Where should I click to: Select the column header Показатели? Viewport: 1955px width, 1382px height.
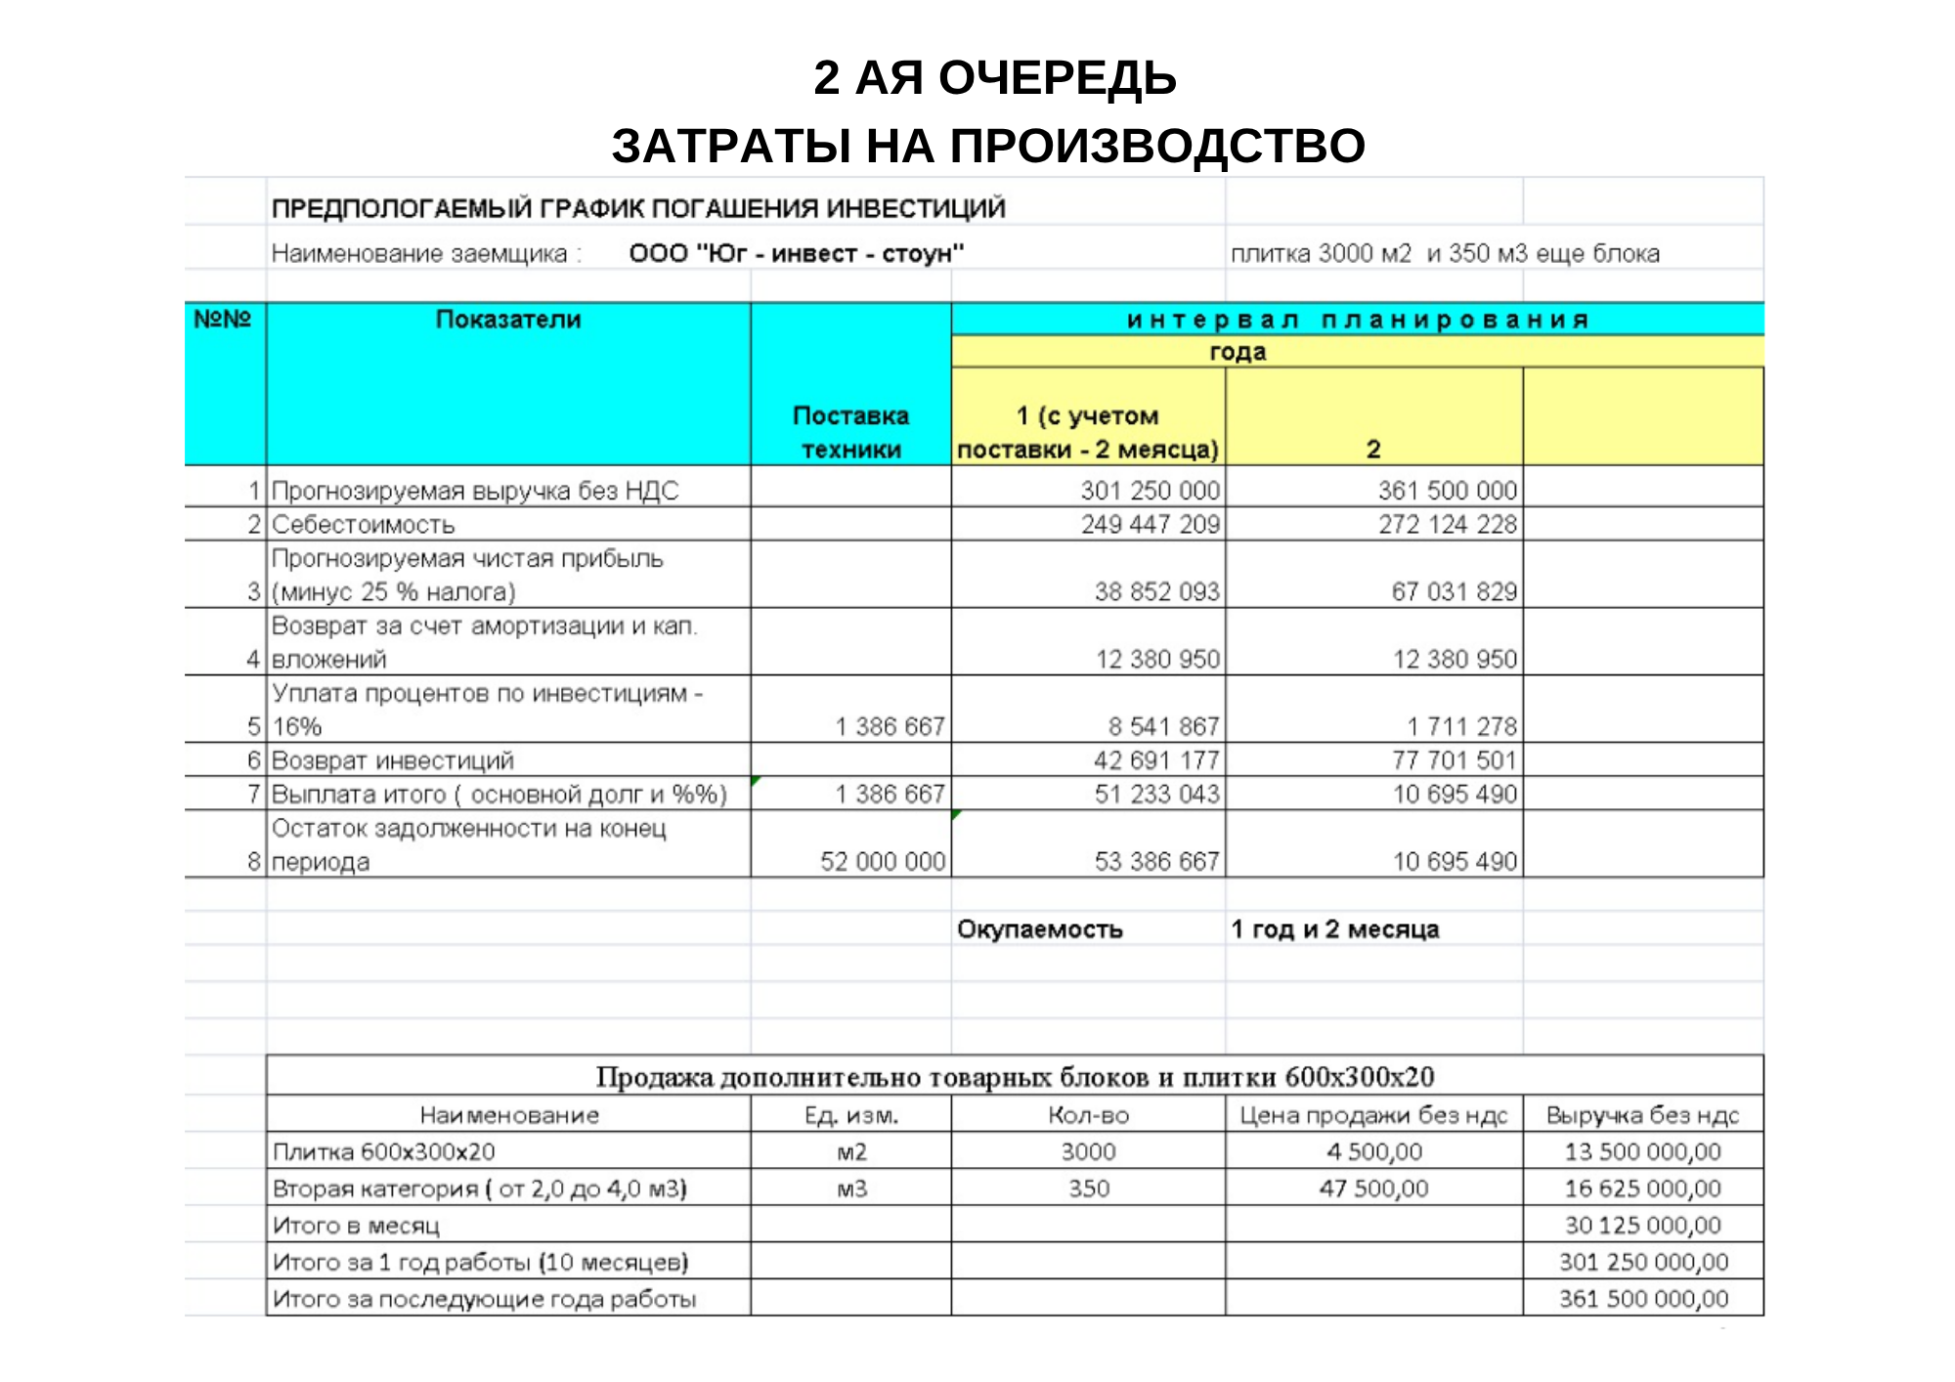coord(508,320)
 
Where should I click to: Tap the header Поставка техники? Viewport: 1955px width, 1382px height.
coord(850,432)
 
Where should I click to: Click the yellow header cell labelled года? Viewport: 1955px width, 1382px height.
coord(1238,352)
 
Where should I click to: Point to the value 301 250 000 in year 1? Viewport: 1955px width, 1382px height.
coord(1150,491)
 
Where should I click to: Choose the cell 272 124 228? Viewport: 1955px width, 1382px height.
coord(1448,525)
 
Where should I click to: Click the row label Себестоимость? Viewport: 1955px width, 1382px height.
coord(363,525)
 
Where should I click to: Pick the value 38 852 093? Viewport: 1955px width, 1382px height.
coord(1156,591)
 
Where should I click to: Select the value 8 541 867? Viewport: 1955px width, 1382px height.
coord(1163,726)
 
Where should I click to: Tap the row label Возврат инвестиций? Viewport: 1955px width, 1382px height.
coord(392,760)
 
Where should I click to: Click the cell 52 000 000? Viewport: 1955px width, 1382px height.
coord(883,861)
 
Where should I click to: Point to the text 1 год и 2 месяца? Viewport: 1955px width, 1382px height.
coord(1334,929)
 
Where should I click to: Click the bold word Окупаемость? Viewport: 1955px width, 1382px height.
coord(1039,929)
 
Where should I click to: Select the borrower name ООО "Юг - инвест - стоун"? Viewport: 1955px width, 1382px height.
coord(796,254)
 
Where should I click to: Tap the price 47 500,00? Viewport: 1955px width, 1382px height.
coord(1373,1188)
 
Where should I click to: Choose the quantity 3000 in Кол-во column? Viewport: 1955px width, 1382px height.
coord(1088,1151)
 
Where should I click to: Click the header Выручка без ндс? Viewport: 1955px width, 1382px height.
coord(1642,1115)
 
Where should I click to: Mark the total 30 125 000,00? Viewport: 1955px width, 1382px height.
coord(1642,1226)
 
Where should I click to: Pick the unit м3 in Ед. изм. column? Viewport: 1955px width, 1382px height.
coord(851,1188)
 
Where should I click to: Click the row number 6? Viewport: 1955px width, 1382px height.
coord(254,760)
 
